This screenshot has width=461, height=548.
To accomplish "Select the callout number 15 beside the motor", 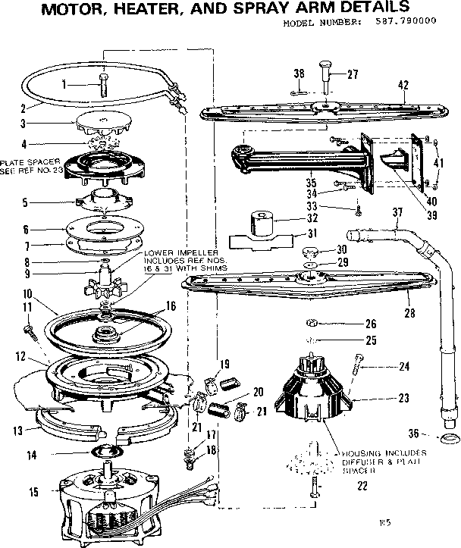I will (x=33, y=492).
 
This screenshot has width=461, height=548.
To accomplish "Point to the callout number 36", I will (x=414, y=434).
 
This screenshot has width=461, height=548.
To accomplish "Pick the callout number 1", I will (x=65, y=83).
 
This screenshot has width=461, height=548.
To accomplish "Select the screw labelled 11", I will (x=30, y=328).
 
